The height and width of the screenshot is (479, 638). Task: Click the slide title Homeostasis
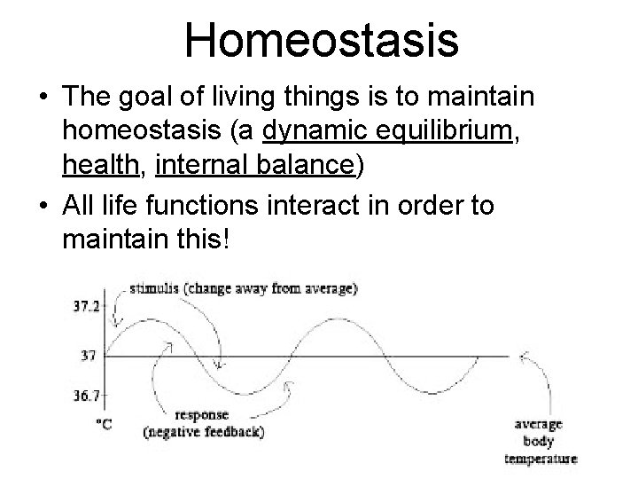321,41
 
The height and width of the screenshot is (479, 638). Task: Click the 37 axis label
87,356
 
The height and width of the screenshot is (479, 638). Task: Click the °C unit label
104,425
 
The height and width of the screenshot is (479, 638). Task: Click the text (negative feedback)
203,432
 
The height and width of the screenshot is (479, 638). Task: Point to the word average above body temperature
540,425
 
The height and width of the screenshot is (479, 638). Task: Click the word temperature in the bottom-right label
541,459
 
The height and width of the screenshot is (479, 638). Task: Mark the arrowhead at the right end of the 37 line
523,357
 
